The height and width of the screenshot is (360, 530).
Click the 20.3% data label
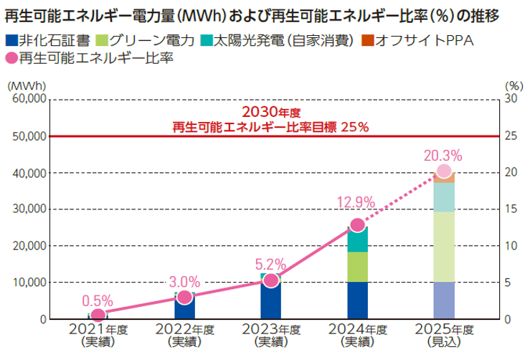443,155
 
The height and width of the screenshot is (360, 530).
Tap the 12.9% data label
356,203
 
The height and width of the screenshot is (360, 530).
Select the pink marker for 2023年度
270,280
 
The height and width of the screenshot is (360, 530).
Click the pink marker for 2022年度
184,297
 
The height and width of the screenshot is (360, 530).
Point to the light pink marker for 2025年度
444,171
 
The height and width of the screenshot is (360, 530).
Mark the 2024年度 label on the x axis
356,330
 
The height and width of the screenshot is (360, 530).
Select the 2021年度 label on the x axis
99,330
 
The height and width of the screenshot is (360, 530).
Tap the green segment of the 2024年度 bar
357,267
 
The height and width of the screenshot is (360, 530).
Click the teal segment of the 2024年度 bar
357,240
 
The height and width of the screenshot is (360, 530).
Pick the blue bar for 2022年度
184,308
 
